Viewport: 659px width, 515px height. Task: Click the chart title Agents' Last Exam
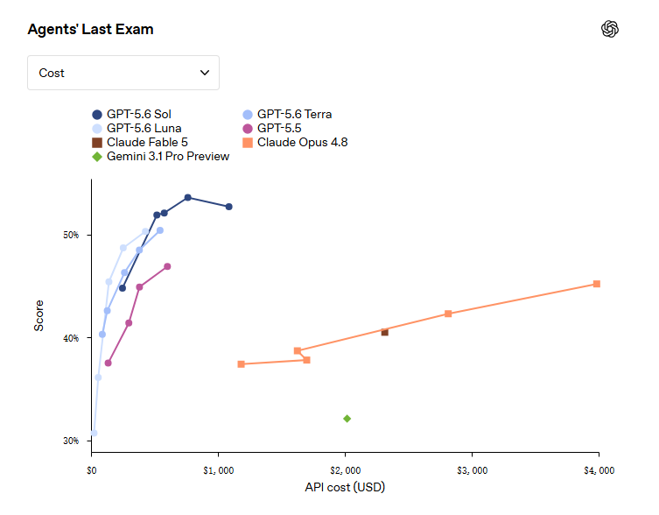tap(90, 30)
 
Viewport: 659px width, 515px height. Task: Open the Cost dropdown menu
tap(123, 73)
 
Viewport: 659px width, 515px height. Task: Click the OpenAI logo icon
tap(610, 29)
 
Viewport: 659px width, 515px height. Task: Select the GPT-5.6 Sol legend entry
tap(131, 115)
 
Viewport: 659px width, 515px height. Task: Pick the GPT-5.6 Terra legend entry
tap(287, 115)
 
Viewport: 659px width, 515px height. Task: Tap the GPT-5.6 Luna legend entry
tap(137, 129)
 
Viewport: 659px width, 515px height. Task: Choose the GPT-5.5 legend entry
tap(272, 129)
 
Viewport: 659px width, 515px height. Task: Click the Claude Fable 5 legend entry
tap(140, 142)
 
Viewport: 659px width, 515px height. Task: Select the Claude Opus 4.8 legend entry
tap(296, 142)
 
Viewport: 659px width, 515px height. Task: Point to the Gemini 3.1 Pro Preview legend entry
tap(160, 157)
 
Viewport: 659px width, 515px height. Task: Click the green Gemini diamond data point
tap(347, 419)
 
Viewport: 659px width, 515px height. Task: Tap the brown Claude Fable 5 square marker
tap(384, 333)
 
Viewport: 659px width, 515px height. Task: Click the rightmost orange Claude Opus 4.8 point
tap(596, 284)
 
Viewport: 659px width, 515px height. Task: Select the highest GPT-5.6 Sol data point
tap(188, 198)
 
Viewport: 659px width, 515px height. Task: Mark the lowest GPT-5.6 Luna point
tap(94, 433)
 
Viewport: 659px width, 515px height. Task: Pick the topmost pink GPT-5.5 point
tap(167, 266)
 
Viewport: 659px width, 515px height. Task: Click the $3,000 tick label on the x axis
tap(473, 470)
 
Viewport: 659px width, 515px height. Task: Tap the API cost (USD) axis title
tap(345, 487)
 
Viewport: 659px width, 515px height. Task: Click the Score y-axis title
tap(39, 315)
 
